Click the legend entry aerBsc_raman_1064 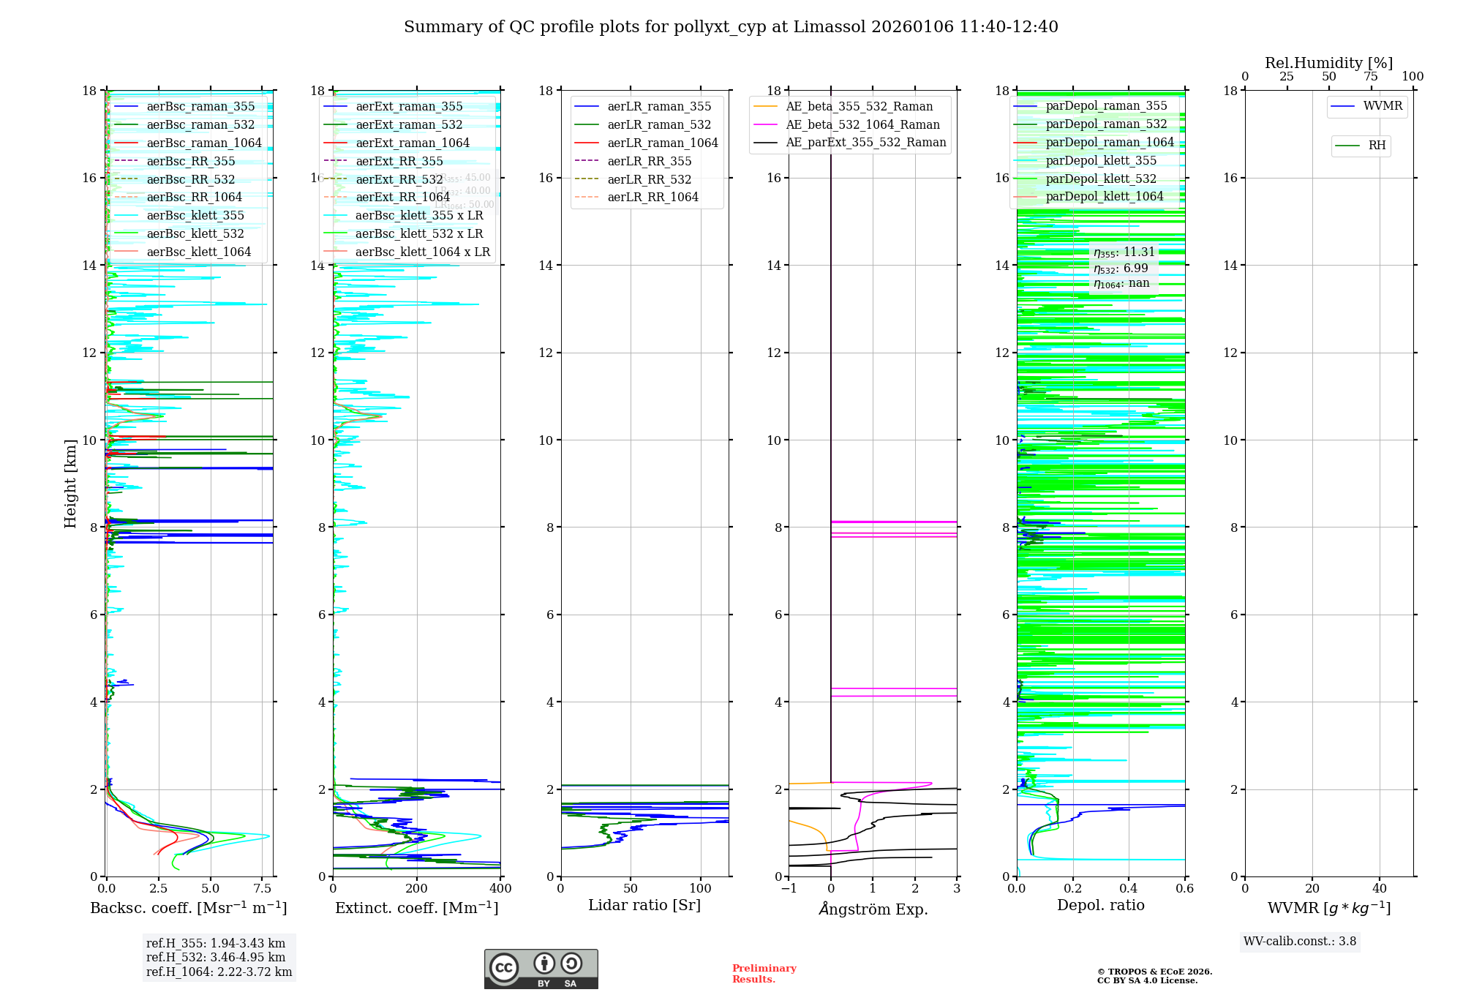[x=204, y=143]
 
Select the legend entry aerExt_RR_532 [x=399, y=179]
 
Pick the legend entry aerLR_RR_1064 [x=652, y=197]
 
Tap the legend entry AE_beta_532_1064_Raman [x=862, y=124]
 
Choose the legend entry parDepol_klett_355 [x=1101, y=160]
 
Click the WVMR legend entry [x=1383, y=106]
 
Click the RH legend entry [x=1377, y=146]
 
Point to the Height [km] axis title [x=70, y=483]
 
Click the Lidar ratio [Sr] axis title [x=644, y=906]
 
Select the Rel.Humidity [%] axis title [x=1328, y=63]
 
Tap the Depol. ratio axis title [x=1100, y=906]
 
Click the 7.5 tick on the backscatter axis [x=263, y=889]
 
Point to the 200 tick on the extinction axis [x=417, y=889]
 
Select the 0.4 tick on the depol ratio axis [x=1129, y=889]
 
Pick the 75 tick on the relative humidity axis [x=1371, y=77]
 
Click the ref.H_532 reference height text [x=216, y=957]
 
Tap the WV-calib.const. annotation [x=1300, y=942]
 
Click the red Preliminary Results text [x=764, y=974]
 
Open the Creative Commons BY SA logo [x=541, y=969]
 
